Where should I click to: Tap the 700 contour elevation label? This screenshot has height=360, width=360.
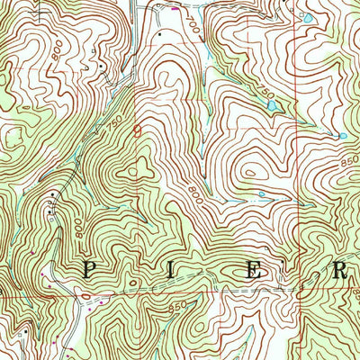(193, 29)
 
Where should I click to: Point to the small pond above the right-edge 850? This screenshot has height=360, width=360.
(342, 136)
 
